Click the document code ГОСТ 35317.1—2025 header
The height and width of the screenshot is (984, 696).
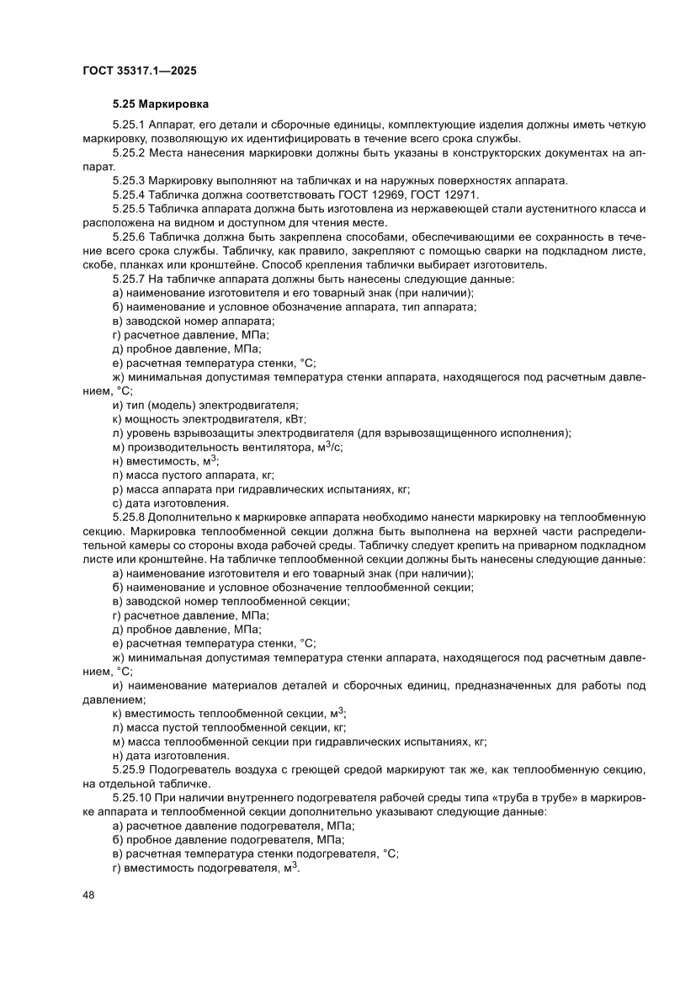click(140, 72)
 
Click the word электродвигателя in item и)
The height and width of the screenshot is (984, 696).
click(249, 405)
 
